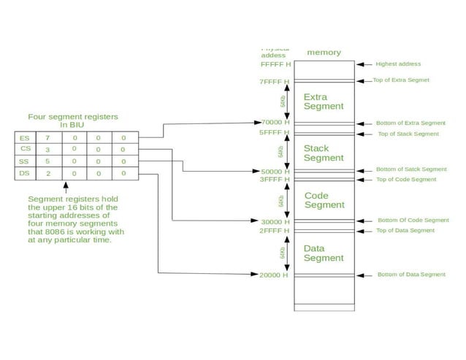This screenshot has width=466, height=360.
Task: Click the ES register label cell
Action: pyautogui.click(x=25, y=137)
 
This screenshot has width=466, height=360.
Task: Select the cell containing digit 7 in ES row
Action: pyautogui.click(x=48, y=137)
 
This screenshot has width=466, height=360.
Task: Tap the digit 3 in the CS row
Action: pyautogui.click(x=48, y=149)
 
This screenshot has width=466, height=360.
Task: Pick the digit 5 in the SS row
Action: pyautogui.click(x=48, y=161)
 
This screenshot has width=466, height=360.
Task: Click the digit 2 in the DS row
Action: pyautogui.click(x=48, y=174)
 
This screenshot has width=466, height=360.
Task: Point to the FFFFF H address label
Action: pyautogui.click(x=275, y=64)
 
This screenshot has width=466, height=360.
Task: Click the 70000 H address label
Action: pyautogui.click(x=275, y=123)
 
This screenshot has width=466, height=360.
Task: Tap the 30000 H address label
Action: pyautogui.click(x=275, y=221)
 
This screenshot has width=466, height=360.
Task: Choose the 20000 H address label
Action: pyautogui.click(x=275, y=275)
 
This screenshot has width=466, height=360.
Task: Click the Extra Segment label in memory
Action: pyautogui.click(x=324, y=102)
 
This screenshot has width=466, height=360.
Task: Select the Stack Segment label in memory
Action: pyautogui.click(x=324, y=153)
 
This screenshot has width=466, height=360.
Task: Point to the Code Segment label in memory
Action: pyautogui.click(x=324, y=200)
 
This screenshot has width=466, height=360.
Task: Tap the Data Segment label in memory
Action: pyautogui.click(x=324, y=253)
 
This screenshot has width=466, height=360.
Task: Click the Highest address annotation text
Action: pyautogui.click(x=398, y=64)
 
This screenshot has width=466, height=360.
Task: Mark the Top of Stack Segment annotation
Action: pyautogui.click(x=408, y=134)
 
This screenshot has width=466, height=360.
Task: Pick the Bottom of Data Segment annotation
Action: pyautogui.click(x=411, y=275)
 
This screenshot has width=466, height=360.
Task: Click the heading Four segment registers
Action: pyautogui.click(x=72, y=117)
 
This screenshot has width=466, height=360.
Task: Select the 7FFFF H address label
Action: pyautogui.click(x=275, y=82)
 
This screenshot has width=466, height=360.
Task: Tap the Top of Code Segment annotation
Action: pyautogui.click(x=405, y=179)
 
